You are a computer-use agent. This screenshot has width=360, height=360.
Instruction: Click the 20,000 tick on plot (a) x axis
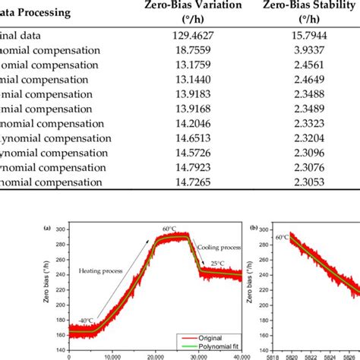(156, 356)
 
